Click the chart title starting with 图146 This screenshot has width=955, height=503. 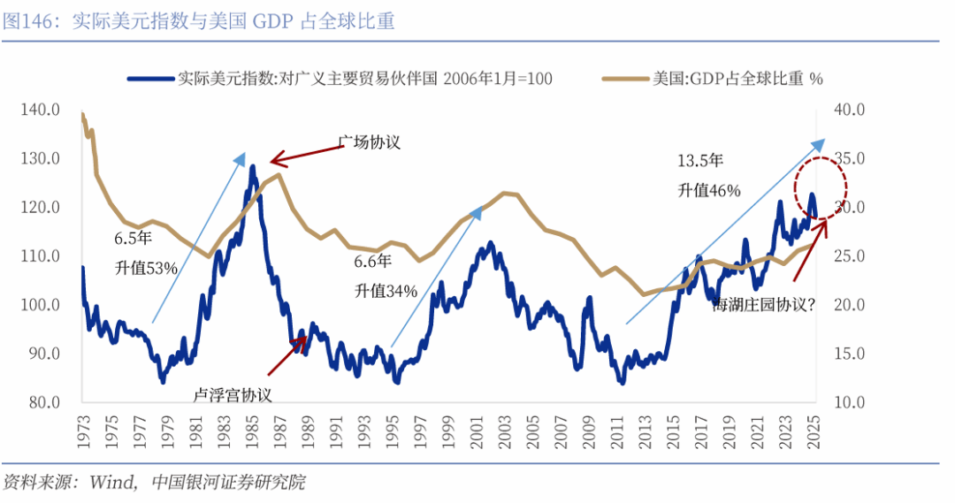(199, 22)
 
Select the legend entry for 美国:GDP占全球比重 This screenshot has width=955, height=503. (712, 79)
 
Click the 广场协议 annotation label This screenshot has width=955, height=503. (370, 141)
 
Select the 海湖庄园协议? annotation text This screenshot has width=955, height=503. (764, 304)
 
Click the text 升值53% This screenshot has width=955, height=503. (146, 267)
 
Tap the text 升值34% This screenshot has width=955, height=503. (386, 290)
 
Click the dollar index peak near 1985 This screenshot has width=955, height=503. (252, 166)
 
